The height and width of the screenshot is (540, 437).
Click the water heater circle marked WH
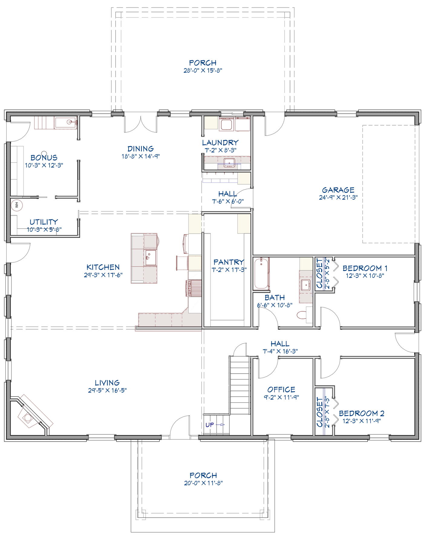[x=17, y=205]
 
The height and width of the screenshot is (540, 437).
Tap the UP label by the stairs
[x=210, y=425]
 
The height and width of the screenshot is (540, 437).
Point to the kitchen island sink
[x=151, y=257]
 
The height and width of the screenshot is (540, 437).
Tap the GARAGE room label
[x=338, y=190]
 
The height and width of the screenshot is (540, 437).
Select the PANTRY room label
[x=229, y=262]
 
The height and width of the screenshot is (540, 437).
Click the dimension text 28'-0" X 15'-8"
[x=203, y=70]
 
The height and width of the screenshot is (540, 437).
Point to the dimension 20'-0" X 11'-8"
[x=203, y=483]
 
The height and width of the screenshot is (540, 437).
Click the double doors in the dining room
[x=141, y=122]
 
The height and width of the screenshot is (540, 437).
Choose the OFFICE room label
[x=281, y=390]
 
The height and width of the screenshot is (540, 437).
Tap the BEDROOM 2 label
[x=362, y=413]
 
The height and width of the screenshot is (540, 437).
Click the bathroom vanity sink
[x=306, y=285]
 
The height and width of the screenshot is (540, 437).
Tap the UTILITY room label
[x=44, y=222]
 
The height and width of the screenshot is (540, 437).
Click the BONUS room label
[x=44, y=158]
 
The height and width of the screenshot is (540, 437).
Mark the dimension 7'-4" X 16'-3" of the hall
[x=280, y=351]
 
